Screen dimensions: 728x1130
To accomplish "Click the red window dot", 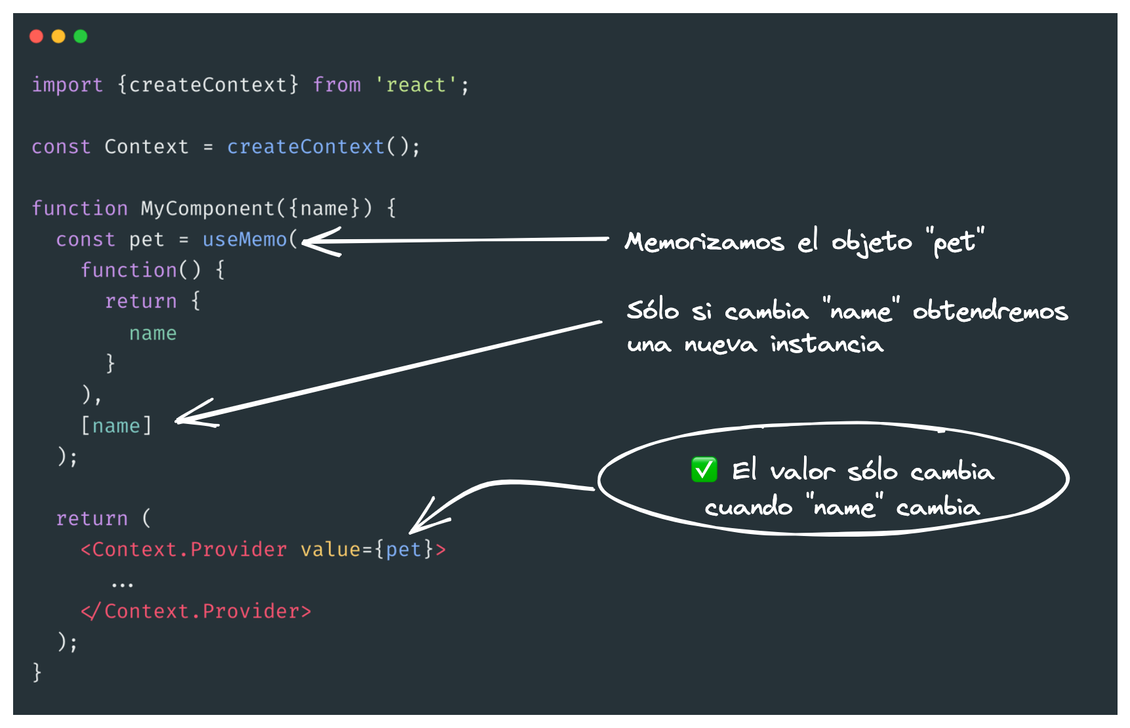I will (37, 37).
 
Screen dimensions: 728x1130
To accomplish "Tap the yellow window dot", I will (58, 37).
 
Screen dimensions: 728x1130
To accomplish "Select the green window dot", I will (81, 37).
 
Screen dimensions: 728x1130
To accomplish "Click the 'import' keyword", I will (67, 85).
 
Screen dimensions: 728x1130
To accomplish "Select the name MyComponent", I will (207, 208).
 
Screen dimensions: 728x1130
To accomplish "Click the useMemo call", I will (245, 240).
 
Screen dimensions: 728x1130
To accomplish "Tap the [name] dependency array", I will (116, 426).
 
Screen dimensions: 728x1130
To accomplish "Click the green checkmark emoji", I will (704, 470).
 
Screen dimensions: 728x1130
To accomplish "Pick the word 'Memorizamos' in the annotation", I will (704, 242).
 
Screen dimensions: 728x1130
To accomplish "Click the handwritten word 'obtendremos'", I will (990, 311).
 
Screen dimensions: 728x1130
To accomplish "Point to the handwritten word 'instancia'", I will (826, 345).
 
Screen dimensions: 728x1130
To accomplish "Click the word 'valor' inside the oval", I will (801, 471).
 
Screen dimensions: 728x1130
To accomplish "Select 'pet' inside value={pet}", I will (403, 550).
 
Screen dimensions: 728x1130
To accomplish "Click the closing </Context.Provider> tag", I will (195, 611).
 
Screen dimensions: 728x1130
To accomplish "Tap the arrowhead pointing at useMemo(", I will (312, 242).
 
